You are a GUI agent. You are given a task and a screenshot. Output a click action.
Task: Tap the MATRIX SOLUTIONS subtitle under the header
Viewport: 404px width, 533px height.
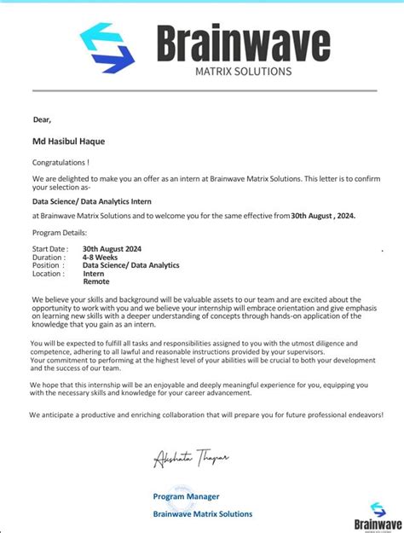[243, 71]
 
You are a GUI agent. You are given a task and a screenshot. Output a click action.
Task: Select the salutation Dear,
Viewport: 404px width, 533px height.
[42, 119]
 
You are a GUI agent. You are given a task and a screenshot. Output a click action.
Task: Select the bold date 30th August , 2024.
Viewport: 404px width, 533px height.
[323, 216]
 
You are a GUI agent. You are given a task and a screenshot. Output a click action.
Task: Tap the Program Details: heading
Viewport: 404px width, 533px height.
[59, 232]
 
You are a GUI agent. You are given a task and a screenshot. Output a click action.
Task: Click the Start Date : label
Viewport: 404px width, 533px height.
[49, 249]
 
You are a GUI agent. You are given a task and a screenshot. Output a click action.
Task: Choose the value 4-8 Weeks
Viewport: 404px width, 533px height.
[101, 257]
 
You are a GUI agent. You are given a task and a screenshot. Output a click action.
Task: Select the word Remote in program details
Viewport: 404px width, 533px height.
[96, 281]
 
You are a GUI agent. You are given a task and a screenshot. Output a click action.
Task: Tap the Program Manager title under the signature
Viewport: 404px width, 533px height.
[186, 496]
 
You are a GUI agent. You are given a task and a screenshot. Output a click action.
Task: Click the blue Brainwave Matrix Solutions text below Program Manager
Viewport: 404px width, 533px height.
[202, 513]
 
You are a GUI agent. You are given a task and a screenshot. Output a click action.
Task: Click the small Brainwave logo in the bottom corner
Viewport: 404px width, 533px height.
[378, 516]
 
